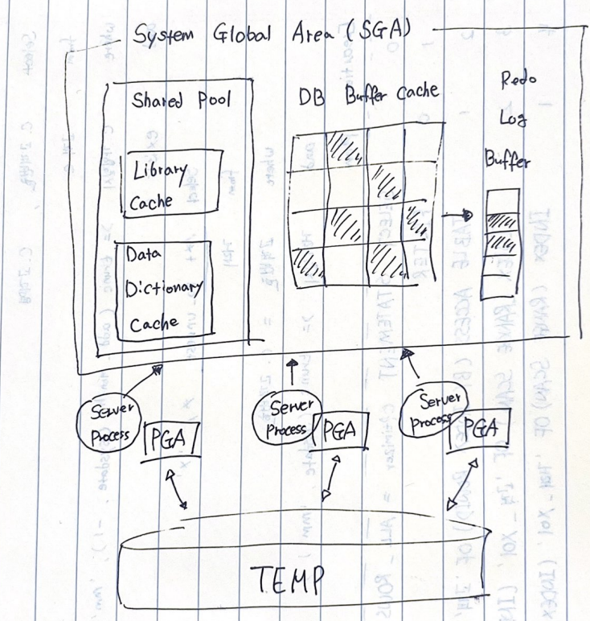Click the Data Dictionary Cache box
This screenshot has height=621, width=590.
coord(164,290)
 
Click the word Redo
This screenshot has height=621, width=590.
coord(518,80)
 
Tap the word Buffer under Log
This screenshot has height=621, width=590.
coord(507,161)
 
